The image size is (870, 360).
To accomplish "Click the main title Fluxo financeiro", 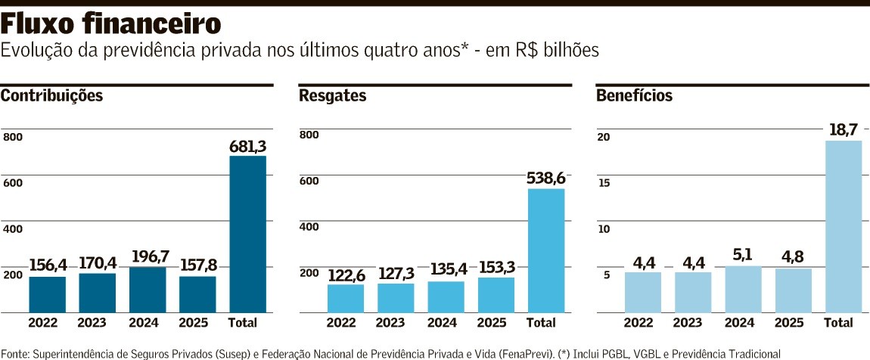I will point(111,24).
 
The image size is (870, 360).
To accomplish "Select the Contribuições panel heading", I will point(51,96).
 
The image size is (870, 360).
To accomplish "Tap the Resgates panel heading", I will point(333,96).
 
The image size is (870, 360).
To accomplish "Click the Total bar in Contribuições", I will point(247,234).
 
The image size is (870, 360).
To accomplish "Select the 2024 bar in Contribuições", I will point(148,290).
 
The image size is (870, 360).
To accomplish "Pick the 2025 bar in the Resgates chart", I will point(496,295).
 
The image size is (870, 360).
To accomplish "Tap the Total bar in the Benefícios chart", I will point(844,227).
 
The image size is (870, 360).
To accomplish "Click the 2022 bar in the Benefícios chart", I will point(643,293).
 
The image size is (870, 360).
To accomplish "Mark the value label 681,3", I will point(247,146).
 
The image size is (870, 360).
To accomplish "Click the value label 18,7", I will point(844,130).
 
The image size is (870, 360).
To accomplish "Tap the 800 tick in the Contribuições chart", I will point(13,137).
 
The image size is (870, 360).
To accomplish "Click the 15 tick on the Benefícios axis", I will point(604,183).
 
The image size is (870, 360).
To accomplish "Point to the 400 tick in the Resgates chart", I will point(310,227).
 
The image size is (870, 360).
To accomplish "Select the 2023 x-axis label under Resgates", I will point(396,323).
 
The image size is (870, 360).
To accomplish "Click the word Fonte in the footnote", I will point(14,353).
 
